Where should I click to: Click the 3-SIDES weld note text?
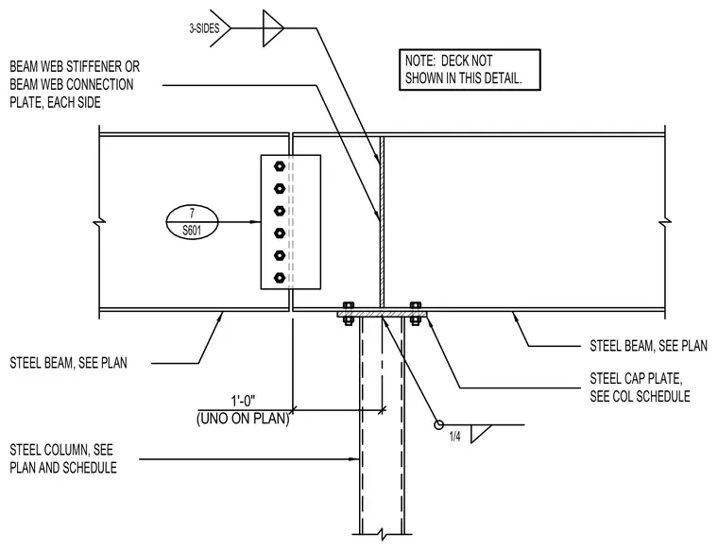point(204,28)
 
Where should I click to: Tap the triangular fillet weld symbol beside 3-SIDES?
point(273,28)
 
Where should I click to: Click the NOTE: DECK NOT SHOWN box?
point(470,70)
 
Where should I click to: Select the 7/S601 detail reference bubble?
point(192,222)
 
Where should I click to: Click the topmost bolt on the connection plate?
point(280,166)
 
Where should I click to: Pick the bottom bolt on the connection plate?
point(280,278)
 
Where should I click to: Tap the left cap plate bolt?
point(348,313)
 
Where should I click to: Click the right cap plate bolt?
point(416,313)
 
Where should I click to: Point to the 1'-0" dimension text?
point(243,402)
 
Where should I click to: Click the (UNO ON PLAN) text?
point(243,418)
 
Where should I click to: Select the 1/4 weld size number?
point(454,437)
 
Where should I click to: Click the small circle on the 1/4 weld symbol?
point(438,425)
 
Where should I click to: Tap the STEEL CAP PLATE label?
point(640,387)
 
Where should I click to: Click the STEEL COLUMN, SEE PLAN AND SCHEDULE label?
point(63,458)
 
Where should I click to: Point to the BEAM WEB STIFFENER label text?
point(75,84)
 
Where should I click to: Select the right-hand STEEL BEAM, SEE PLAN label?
point(648,345)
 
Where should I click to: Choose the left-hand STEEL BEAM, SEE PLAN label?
point(68,363)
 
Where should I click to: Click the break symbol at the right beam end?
point(665,222)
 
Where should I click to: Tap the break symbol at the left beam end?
point(99,222)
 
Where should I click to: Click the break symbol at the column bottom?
point(382,534)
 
